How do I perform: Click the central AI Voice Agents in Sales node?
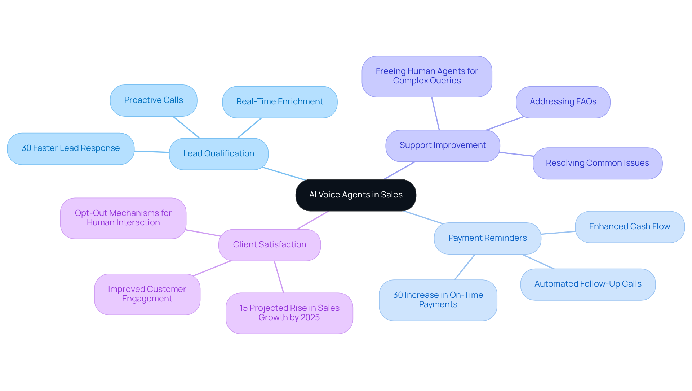(x=356, y=195)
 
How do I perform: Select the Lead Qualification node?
(x=219, y=154)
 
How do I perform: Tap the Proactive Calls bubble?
(x=154, y=100)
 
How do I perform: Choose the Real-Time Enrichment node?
(x=280, y=102)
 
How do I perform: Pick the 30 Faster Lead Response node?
(x=71, y=148)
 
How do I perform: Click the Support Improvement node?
(x=443, y=145)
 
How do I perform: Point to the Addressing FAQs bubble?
(x=563, y=102)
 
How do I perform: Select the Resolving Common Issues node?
(x=597, y=163)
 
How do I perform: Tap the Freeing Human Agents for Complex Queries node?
(x=427, y=76)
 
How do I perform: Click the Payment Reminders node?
(x=487, y=238)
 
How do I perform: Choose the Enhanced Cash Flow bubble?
(x=630, y=227)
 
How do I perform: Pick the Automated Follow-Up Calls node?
(x=588, y=284)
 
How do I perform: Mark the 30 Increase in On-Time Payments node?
(x=438, y=300)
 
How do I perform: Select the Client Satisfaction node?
(x=270, y=245)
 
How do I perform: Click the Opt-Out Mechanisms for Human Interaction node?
(x=123, y=218)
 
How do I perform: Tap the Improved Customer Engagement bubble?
(x=147, y=294)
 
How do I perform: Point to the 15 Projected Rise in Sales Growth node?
(x=289, y=313)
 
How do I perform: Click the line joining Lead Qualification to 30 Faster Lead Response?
(x=152, y=152)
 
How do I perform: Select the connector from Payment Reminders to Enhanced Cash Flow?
(x=558, y=233)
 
